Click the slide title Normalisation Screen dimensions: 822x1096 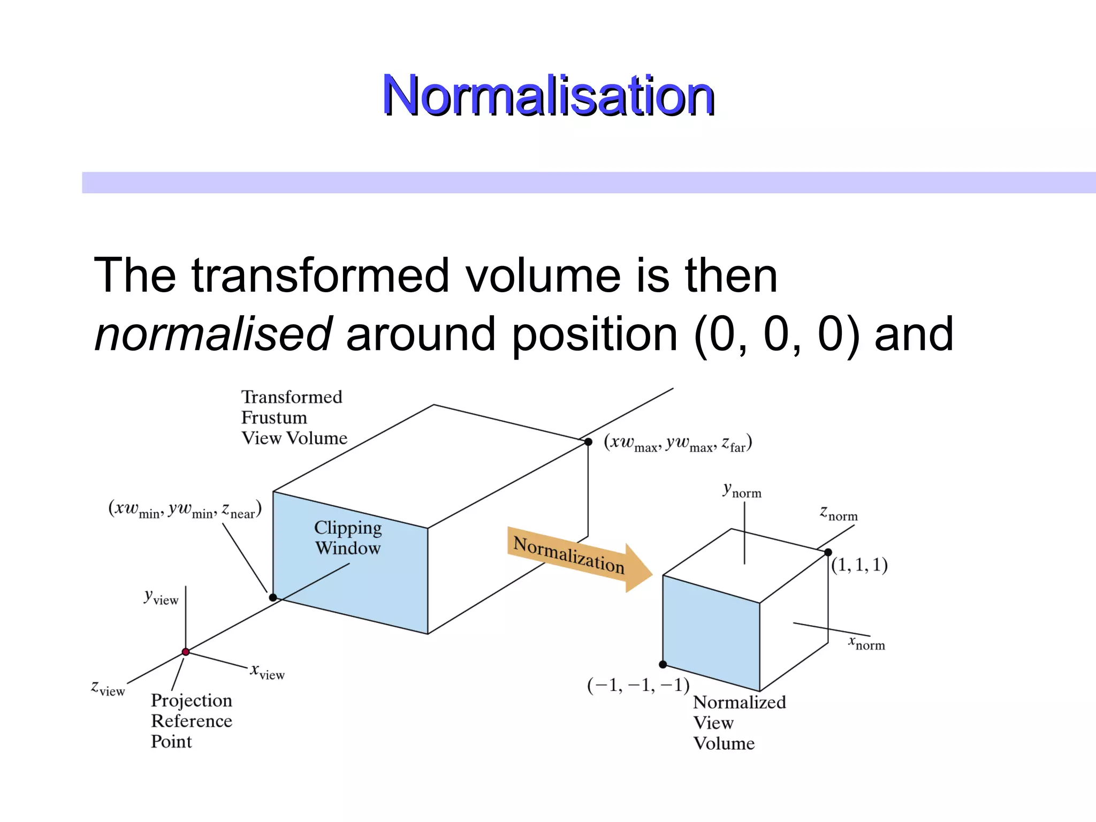coord(548,96)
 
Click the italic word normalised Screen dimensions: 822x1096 coord(213,334)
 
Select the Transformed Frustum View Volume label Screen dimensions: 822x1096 coord(293,417)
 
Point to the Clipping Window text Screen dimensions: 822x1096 coord(348,537)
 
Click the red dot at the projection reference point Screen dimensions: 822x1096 coord(186,652)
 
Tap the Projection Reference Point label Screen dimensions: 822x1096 coord(191,721)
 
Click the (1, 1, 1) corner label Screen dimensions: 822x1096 coord(859,565)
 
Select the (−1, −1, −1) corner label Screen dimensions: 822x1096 coord(638,686)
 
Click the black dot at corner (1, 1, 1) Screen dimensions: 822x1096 coord(828,552)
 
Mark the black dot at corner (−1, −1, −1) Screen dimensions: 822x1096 coord(663,664)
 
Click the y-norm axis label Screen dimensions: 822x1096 coord(742,490)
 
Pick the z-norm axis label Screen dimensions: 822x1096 coord(839,513)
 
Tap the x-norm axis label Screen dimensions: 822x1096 coord(866,643)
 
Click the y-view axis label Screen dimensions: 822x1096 coord(161,597)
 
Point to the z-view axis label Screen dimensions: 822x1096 coord(108,688)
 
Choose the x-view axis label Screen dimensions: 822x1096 coord(268,672)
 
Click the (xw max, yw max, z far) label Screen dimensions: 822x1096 coord(678,444)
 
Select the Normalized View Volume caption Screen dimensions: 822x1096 coord(739,722)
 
